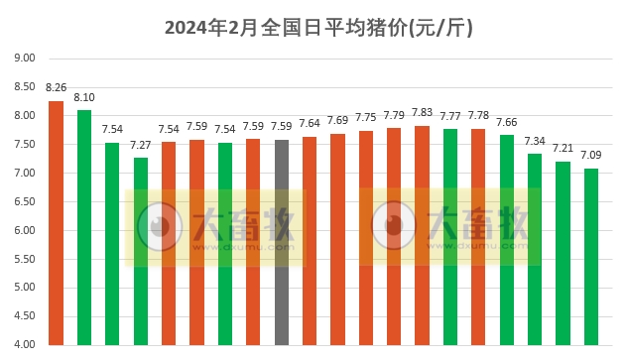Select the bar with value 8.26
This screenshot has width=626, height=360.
(x=56, y=223)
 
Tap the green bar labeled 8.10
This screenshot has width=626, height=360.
(x=84, y=227)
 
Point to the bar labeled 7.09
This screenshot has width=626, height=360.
(x=591, y=257)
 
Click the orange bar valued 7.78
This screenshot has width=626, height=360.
(x=478, y=237)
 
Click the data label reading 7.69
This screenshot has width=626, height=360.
(x=337, y=120)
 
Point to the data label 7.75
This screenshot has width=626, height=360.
(x=366, y=117)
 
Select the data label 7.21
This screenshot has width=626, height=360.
(x=563, y=148)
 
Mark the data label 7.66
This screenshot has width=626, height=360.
(x=507, y=122)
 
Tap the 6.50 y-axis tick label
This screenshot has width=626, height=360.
(x=25, y=202)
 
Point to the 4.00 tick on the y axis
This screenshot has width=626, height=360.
(x=25, y=345)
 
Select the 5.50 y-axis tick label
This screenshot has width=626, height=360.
(x=25, y=260)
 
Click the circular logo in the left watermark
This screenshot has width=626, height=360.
(x=159, y=227)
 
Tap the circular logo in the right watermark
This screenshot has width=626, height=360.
(x=394, y=226)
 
